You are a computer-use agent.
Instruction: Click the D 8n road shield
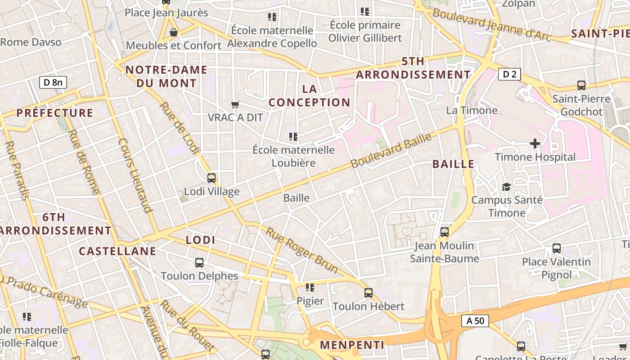[53, 82]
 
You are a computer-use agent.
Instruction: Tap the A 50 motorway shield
[475, 321]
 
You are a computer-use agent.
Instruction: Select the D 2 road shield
[509, 74]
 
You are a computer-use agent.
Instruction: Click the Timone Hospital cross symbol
[535, 144]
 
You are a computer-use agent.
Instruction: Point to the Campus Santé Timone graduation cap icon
[506, 186]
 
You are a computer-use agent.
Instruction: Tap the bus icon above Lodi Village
[211, 178]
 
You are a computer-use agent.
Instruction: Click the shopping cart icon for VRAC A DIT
[235, 105]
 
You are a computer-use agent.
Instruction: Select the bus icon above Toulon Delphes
[199, 262]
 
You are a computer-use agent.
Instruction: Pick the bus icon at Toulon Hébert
[369, 293]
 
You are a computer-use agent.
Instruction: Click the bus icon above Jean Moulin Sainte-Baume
[445, 232]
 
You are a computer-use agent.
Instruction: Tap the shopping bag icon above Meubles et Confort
[173, 32]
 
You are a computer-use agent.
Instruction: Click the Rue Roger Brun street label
[301, 251]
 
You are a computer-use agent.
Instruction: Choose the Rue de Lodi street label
[179, 129]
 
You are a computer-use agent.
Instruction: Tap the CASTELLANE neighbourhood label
[117, 251]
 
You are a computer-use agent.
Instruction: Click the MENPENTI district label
[352, 345]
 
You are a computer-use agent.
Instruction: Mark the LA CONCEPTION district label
[310, 95]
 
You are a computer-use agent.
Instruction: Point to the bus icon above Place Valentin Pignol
[557, 248]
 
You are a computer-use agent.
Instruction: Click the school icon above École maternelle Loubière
[293, 136]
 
